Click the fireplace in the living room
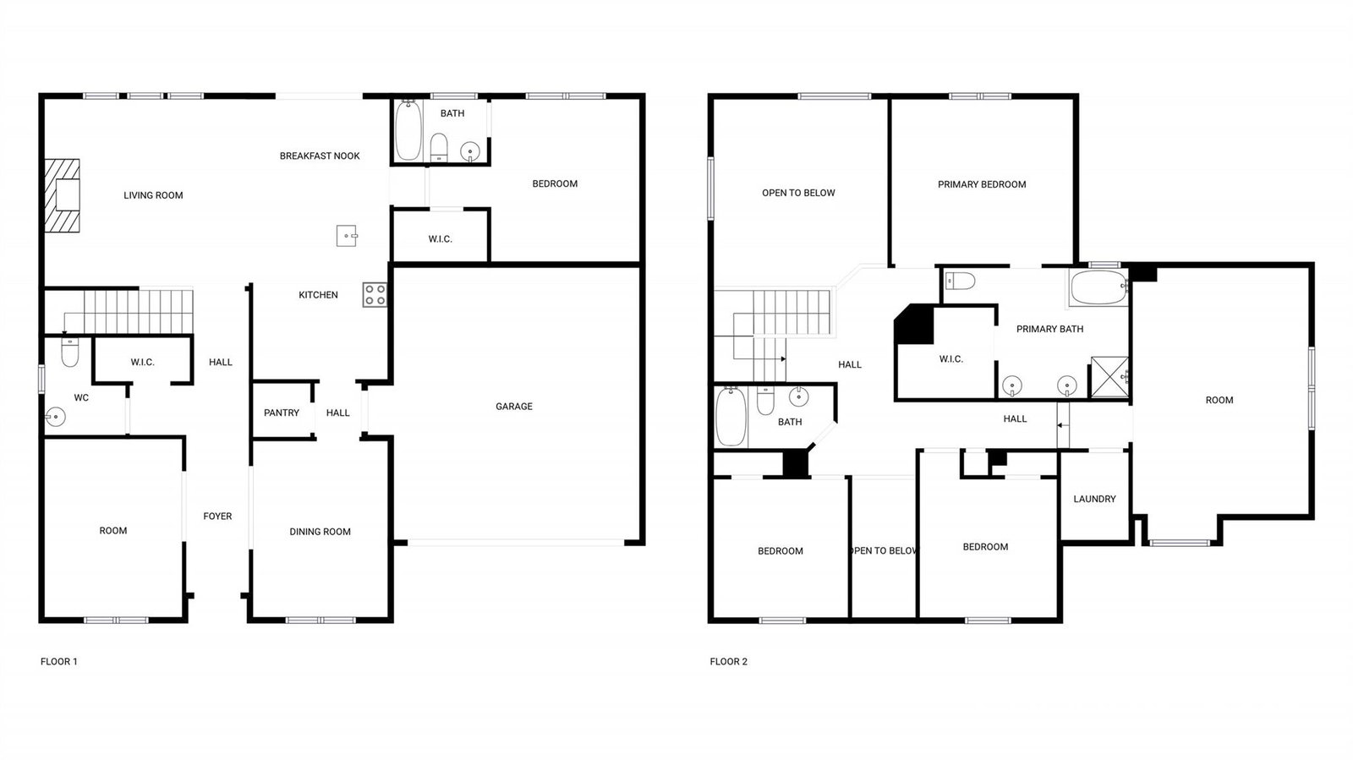point(63,195)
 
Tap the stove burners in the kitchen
point(375,294)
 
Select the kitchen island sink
point(347,235)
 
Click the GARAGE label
point(514,407)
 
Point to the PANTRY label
point(282,413)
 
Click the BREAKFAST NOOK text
point(320,156)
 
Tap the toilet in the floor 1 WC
point(70,352)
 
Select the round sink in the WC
point(55,417)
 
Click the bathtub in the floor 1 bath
point(408,130)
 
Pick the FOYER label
point(217,517)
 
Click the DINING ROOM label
point(320,532)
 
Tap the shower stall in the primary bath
point(1109,377)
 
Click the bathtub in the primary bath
point(1098,287)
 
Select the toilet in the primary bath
point(960,281)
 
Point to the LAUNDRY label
point(1094,499)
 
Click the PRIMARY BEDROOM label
point(982,184)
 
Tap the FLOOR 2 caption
point(728,662)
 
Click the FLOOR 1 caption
point(58,662)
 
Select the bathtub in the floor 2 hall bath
point(731,417)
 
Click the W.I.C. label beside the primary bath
point(950,359)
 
